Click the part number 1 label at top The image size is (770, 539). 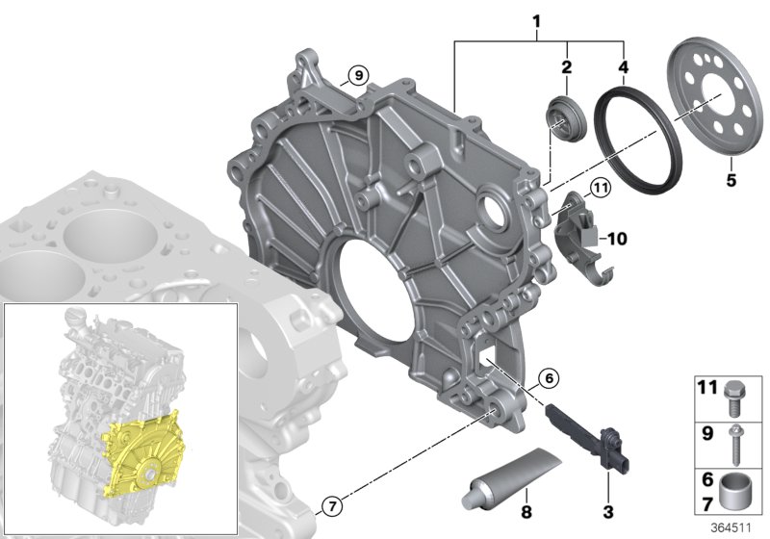537,21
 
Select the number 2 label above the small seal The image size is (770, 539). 567,66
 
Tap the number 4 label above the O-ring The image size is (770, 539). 623,66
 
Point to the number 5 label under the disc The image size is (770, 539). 731,180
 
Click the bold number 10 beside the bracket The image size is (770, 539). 617,239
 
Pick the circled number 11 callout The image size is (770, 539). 600,188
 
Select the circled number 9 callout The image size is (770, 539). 358,76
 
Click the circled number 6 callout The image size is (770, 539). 549,378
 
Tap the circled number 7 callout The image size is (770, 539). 332,505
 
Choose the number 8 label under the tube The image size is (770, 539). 526,512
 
